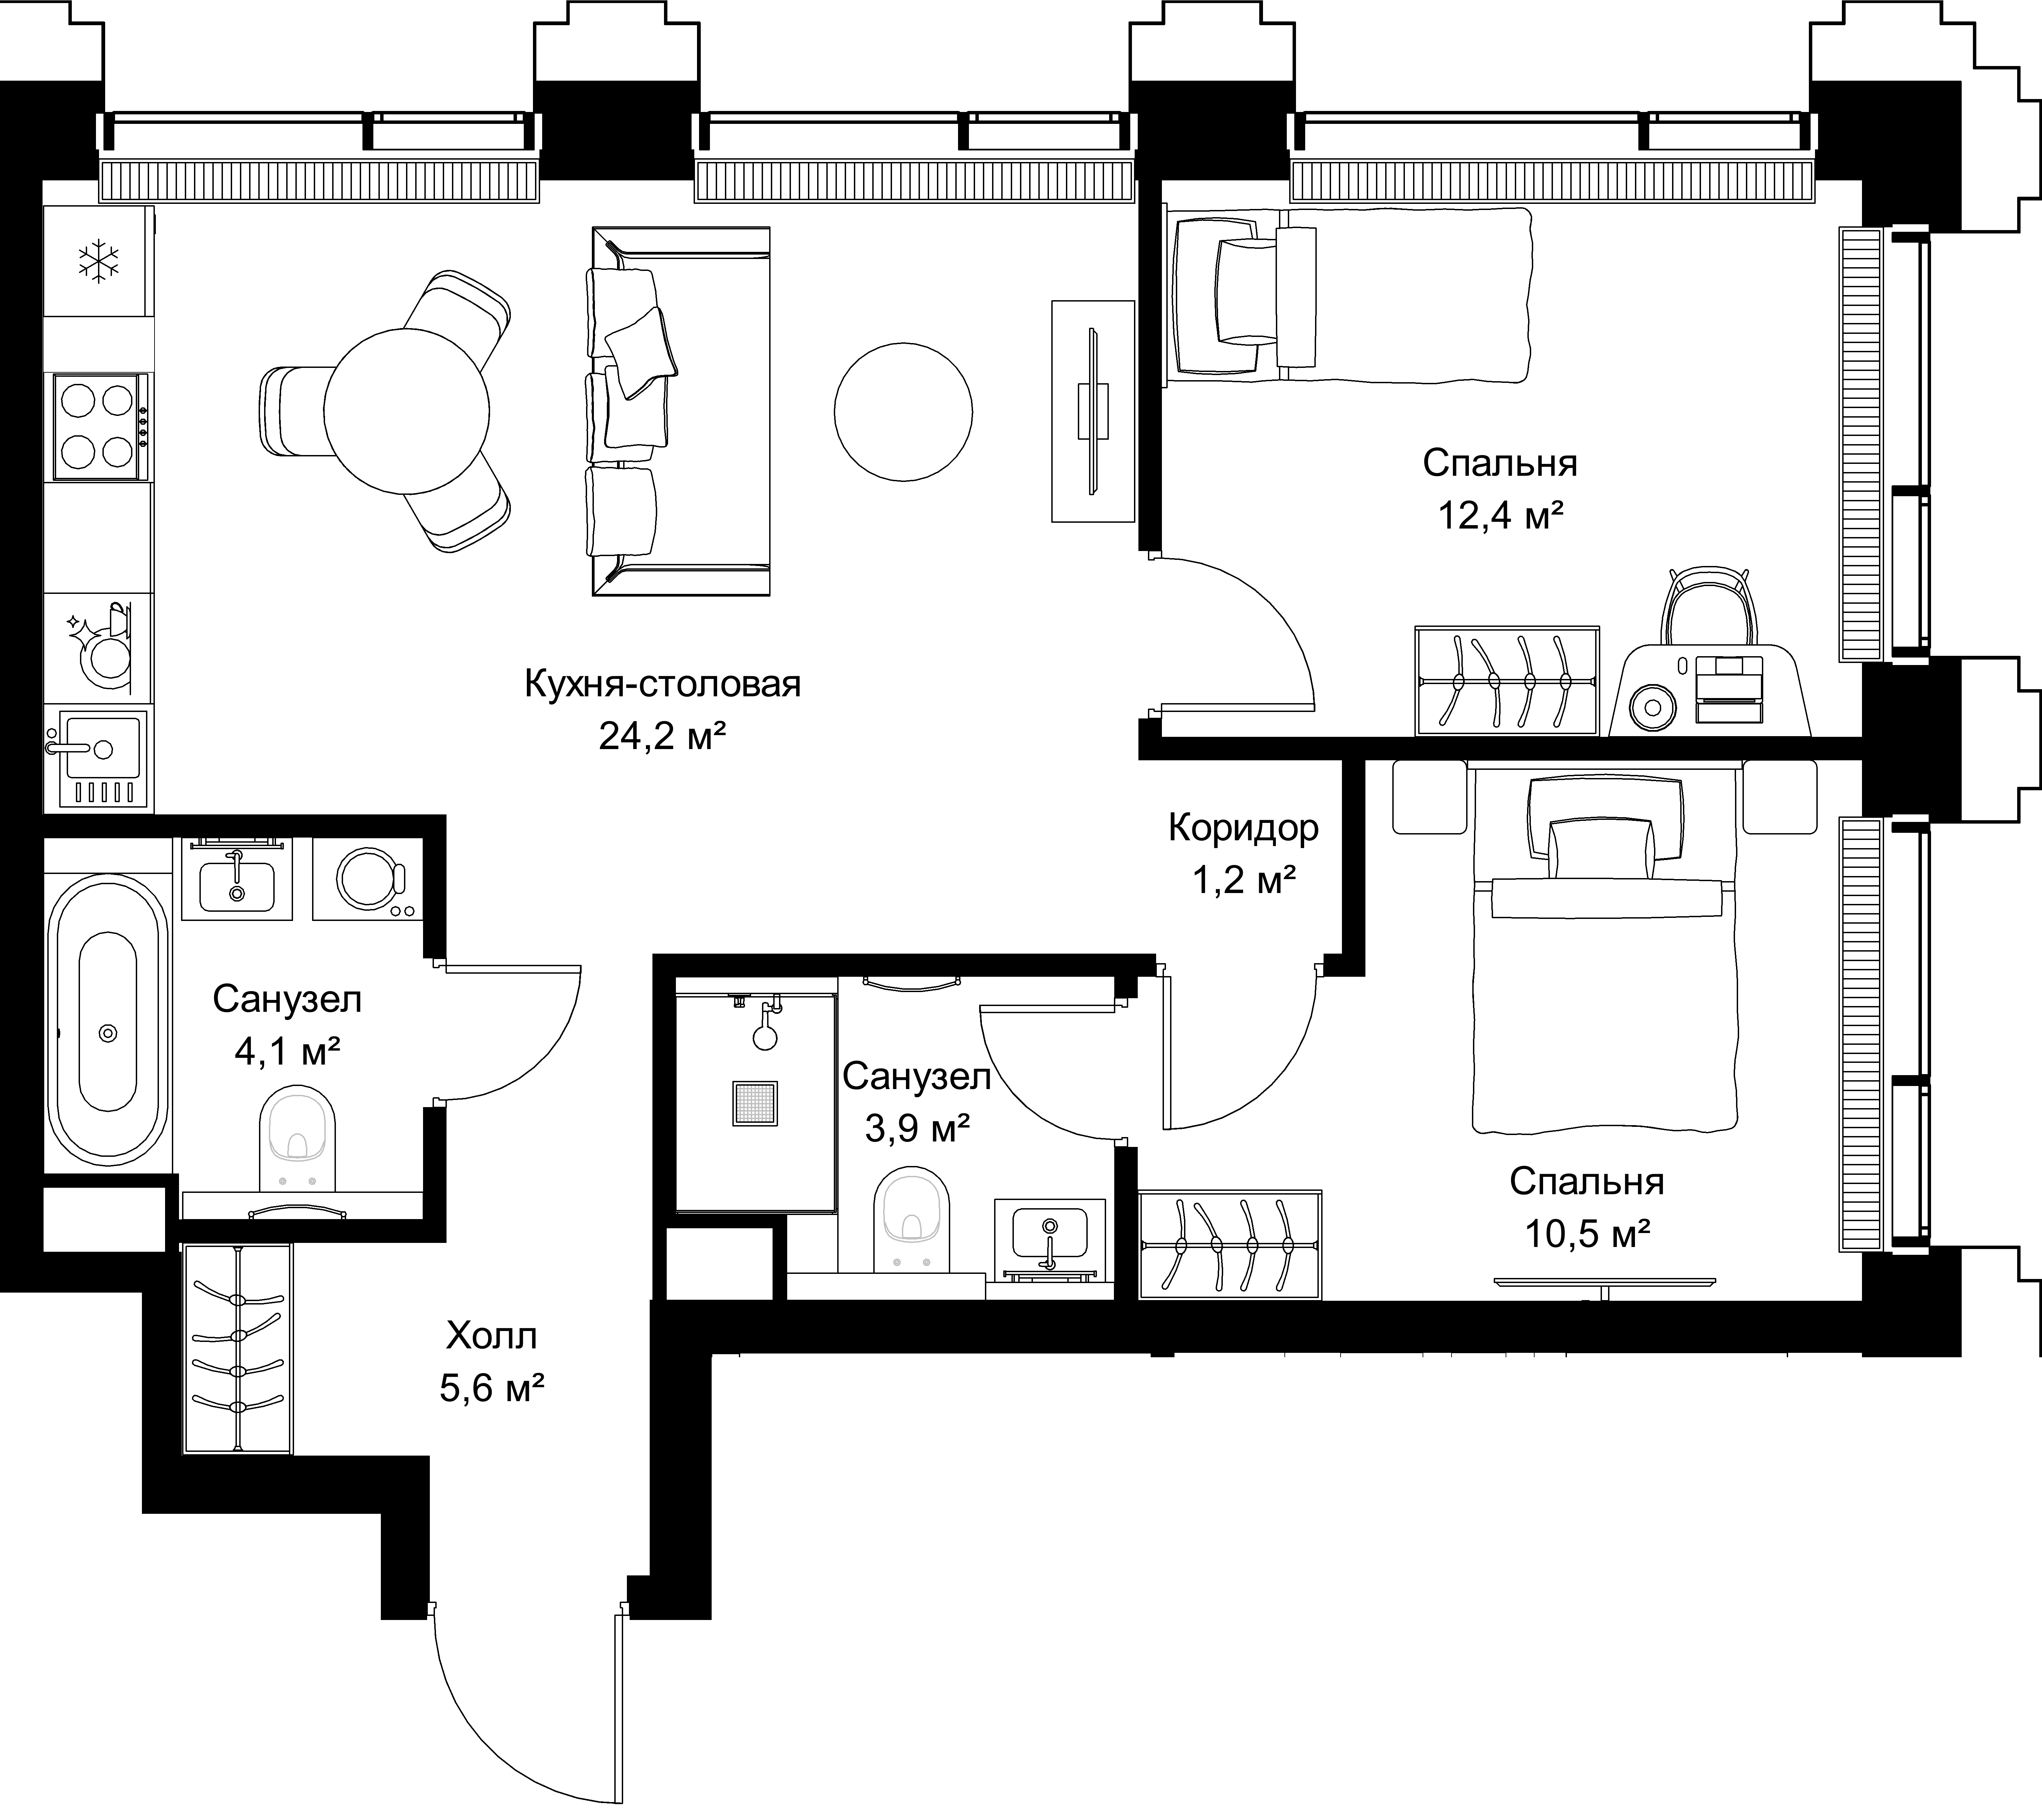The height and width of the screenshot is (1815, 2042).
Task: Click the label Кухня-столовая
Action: tap(662, 685)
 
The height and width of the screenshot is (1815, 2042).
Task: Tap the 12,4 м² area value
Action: tap(1501, 515)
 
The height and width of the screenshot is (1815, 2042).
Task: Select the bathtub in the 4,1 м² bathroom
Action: tap(109, 1020)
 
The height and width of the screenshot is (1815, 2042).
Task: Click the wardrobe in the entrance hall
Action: tap(237, 1347)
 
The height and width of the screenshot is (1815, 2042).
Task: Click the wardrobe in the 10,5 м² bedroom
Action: tap(1231, 1245)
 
